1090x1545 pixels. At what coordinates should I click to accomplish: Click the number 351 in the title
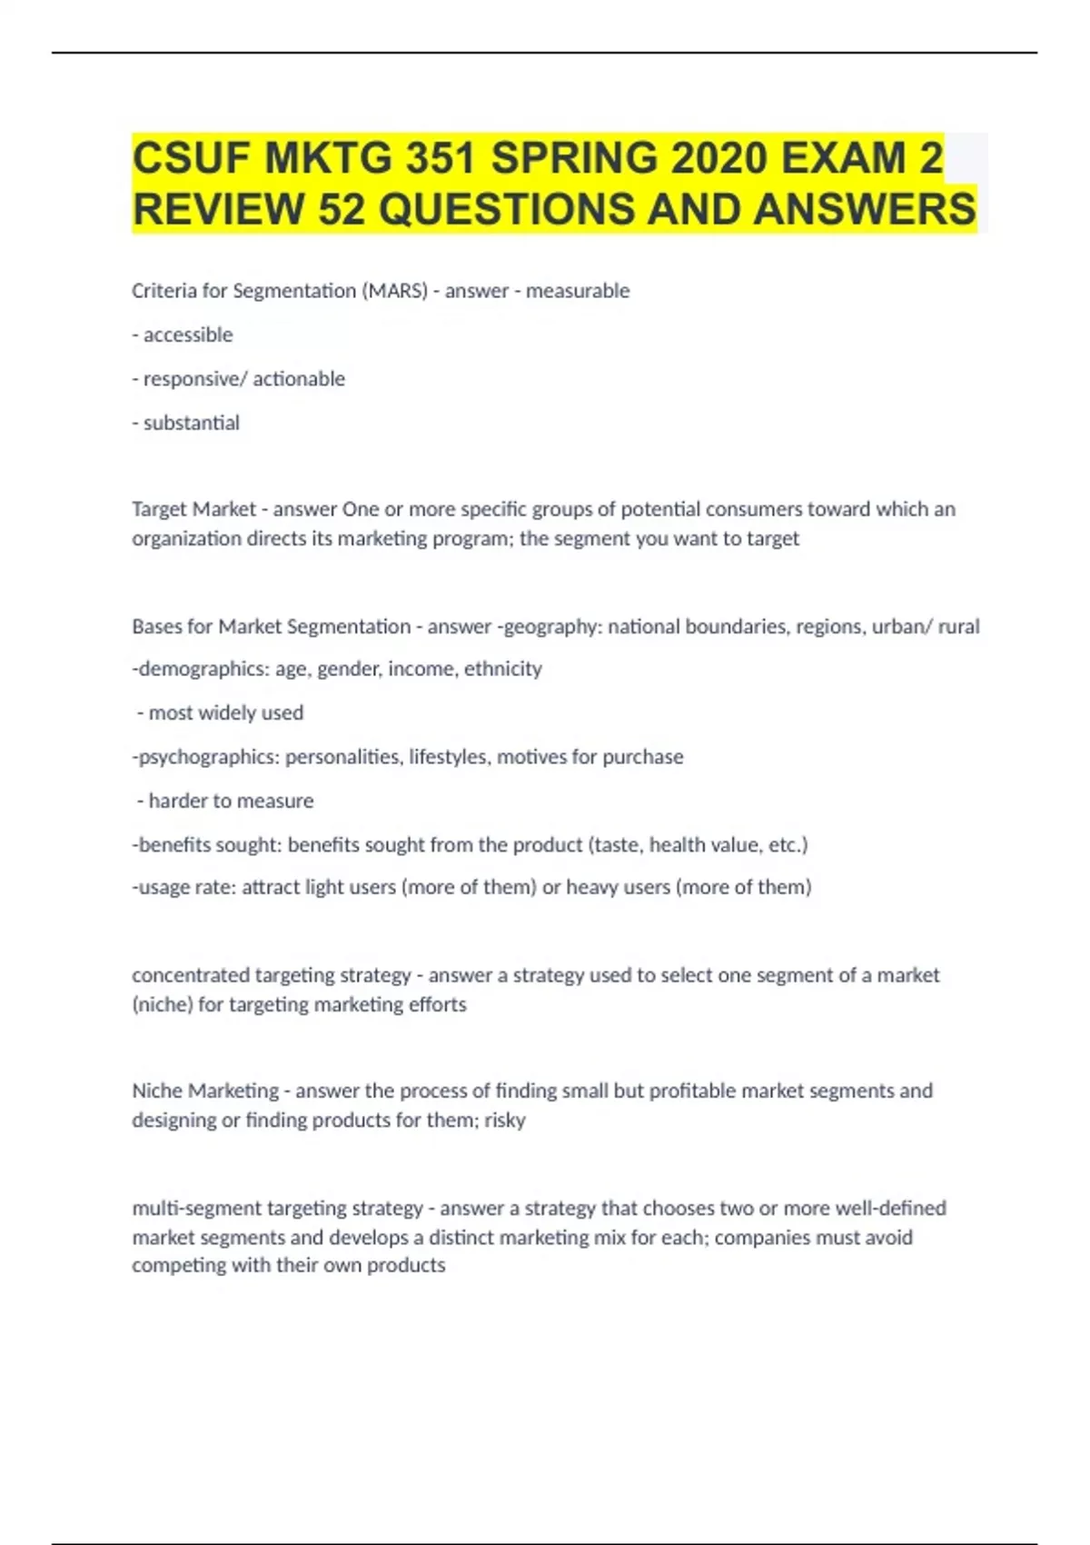click(x=441, y=159)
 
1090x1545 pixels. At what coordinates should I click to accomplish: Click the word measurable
click(x=578, y=291)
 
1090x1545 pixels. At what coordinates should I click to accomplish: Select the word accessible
click(x=188, y=335)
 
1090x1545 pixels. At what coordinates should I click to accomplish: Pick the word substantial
click(x=192, y=423)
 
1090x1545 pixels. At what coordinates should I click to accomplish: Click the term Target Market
click(x=193, y=509)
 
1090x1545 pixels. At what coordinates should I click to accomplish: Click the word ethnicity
click(x=503, y=669)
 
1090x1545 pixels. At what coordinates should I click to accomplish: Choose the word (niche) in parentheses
click(x=163, y=1004)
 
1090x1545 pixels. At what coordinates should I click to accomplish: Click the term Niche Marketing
click(x=205, y=1091)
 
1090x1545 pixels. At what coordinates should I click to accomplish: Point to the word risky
click(x=505, y=1120)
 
